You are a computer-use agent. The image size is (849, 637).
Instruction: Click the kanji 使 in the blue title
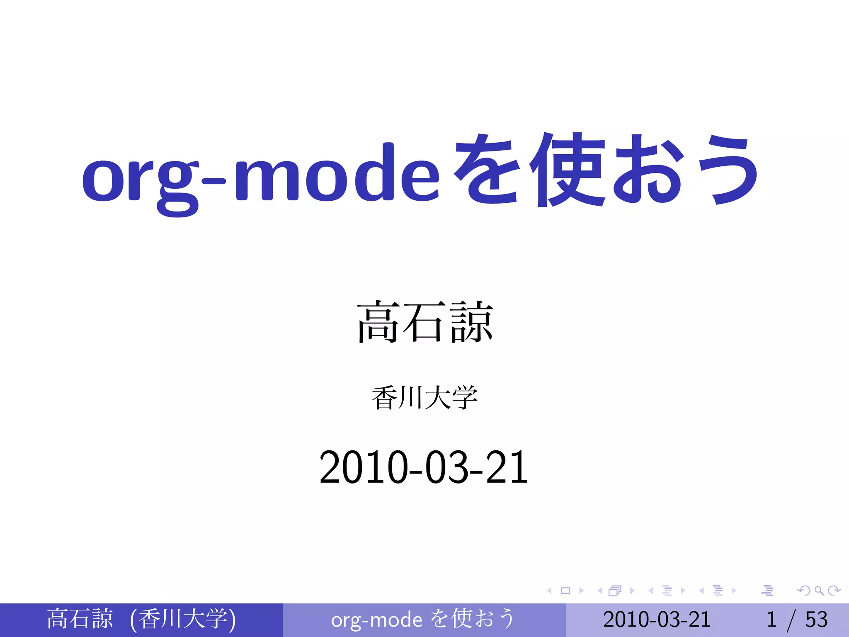click(568, 170)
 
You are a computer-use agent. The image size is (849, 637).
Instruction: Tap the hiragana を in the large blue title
click(487, 172)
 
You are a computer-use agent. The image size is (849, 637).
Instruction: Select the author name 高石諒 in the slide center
click(425, 323)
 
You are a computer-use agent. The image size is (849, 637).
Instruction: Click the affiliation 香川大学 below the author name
click(424, 398)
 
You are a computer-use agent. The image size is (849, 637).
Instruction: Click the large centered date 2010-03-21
click(424, 468)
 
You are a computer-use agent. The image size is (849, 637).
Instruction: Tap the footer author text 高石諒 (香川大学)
click(141, 620)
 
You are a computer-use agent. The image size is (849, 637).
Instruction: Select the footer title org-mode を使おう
click(423, 620)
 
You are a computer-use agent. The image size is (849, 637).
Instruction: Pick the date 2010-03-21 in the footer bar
click(657, 620)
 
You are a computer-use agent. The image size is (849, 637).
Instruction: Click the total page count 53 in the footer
click(816, 620)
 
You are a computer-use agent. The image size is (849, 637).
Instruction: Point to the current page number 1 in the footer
click(771, 620)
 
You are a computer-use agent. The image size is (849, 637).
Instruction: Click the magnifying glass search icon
click(819, 591)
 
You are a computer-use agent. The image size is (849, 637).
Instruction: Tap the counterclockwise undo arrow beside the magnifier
click(804, 591)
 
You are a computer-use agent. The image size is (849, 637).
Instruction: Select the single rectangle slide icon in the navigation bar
click(565, 591)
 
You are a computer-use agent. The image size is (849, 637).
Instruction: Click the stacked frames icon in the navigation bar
click(615, 591)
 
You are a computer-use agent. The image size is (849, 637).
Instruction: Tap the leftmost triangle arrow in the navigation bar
click(550, 591)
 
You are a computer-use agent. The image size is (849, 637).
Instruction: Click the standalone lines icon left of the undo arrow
click(767, 591)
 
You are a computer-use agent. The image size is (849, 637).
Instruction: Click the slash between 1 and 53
click(791, 620)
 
